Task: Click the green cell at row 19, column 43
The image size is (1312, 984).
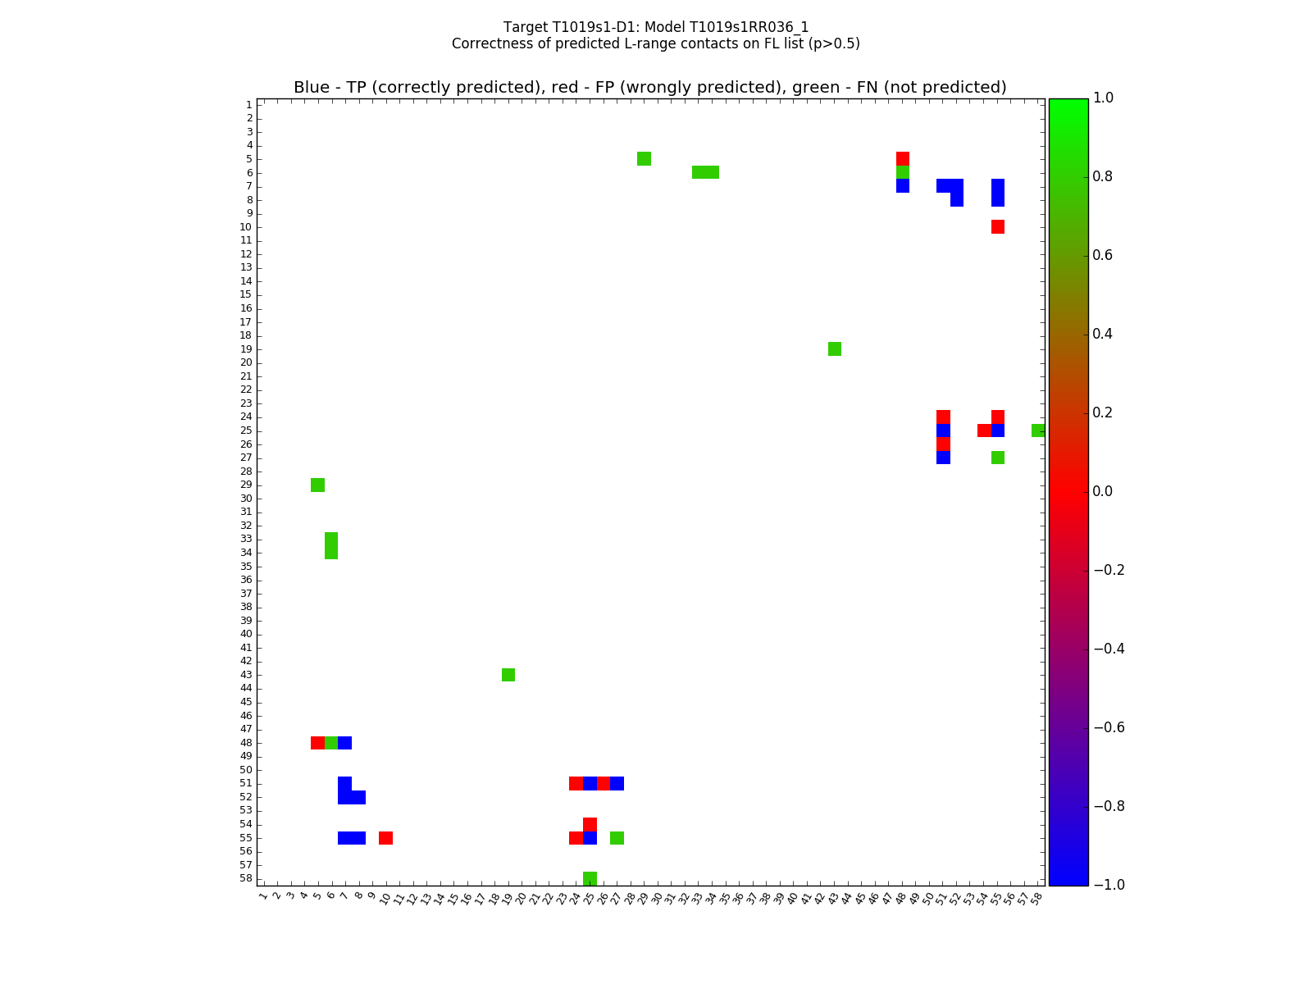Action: tap(835, 349)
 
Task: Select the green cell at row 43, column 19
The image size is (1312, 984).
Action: tap(508, 675)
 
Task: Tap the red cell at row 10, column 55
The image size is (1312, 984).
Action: tap(998, 226)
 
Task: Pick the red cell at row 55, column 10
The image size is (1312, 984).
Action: tap(385, 838)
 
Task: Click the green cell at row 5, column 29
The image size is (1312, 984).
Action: tap(645, 158)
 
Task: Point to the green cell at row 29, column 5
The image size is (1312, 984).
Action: tap(318, 485)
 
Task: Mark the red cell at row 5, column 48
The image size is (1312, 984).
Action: tap(903, 158)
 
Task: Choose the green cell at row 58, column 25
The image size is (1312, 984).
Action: tap(590, 878)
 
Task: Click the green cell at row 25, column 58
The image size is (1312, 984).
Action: tap(1038, 430)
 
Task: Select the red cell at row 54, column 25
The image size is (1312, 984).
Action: tap(590, 824)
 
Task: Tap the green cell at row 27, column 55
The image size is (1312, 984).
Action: tap(998, 458)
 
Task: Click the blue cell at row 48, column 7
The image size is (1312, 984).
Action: tap(345, 743)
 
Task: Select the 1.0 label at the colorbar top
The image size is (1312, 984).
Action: tap(1104, 98)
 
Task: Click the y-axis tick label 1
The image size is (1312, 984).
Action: tap(248, 105)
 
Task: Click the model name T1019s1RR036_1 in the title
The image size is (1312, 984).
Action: tap(738, 27)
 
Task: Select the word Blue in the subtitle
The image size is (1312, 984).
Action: tap(312, 88)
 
